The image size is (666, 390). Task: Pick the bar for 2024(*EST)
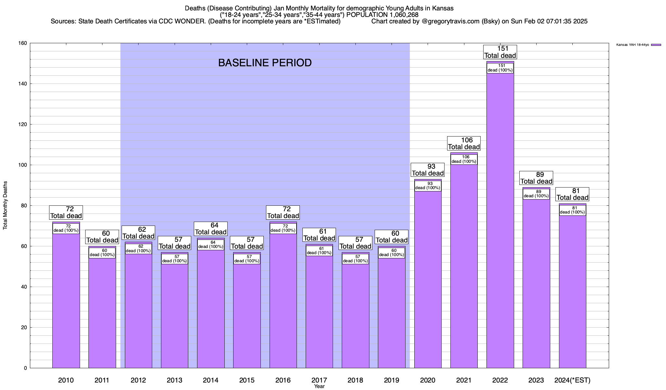tap(572, 292)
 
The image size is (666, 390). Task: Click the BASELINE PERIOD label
tap(265, 63)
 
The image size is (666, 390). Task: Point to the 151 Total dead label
tap(500, 52)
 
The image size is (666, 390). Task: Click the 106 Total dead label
tap(464, 143)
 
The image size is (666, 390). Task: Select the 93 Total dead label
tap(428, 170)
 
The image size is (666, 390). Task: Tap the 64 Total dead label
tap(211, 229)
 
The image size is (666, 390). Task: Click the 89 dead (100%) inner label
tap(536, 194)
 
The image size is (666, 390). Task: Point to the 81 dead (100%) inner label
tap(572, 210)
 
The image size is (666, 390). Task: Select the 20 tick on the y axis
tap(24, 328)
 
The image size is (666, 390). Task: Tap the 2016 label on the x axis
tap(283, 380)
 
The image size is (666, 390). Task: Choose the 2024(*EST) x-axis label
tap(572, 380)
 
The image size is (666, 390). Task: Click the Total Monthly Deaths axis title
tap(5, 205)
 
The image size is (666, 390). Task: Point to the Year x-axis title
tap(319, 386)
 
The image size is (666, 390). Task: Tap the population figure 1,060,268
tap(400, 15)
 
